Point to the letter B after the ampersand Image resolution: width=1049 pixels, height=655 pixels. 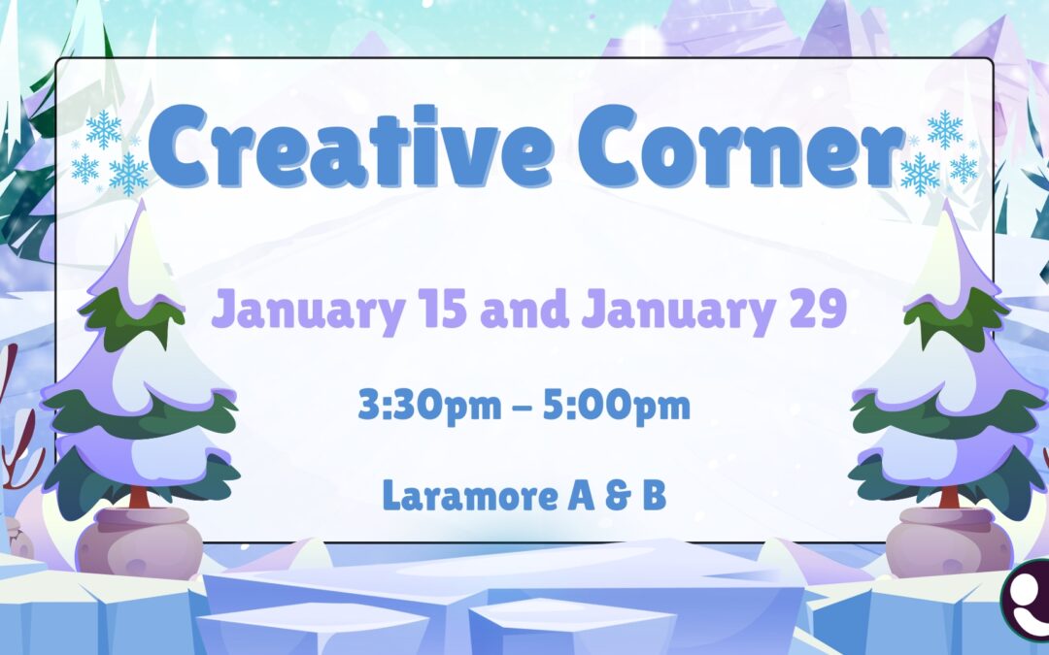654,496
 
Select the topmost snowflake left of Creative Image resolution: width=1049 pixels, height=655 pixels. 103,128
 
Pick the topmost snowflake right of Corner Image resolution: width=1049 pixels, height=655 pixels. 944,128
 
